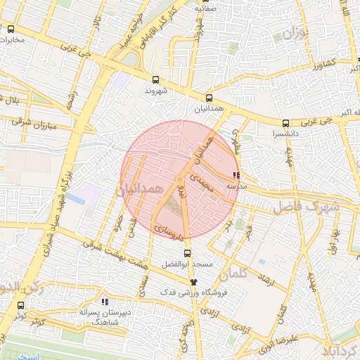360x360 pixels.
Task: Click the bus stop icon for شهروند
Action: click(155, 79)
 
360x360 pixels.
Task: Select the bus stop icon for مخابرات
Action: click(11, 29)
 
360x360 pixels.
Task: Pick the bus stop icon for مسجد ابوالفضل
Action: click(186, 253)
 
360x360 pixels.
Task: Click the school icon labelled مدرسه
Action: click(236, 176)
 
